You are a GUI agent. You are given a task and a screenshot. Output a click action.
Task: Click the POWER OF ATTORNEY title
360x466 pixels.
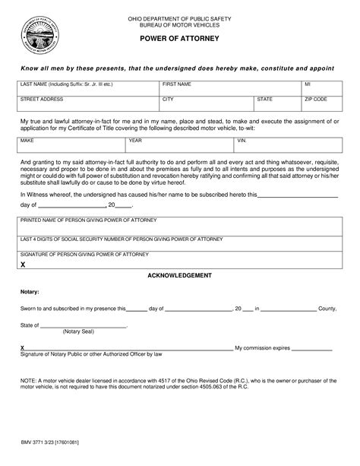(x=179, y=37)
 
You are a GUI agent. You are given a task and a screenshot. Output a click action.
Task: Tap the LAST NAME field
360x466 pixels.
(x=88, y=87)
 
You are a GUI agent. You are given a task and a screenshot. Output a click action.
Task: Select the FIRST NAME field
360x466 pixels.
(x=229, y=87)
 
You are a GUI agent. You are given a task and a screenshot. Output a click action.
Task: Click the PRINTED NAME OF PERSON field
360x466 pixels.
(x=179, y=225)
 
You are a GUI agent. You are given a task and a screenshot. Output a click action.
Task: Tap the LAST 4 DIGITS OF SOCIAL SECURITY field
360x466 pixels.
(x=179, y=243)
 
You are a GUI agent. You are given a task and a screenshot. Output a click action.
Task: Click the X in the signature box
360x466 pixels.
(x=24, y=264)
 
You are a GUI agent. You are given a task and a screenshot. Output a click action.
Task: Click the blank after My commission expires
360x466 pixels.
(x=312, y=347)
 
